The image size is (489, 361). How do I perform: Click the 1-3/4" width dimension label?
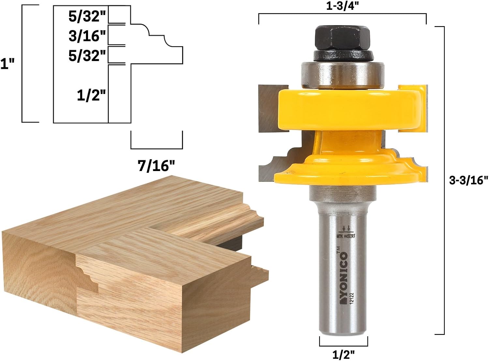pos(342,7)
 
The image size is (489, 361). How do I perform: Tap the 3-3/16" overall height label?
pos(468,180)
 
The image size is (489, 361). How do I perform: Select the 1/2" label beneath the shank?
pos(343,354)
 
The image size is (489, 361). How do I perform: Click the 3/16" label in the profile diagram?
pos(87,36)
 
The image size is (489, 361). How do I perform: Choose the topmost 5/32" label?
pos(87,16)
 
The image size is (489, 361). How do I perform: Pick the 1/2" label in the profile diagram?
pos(92,96)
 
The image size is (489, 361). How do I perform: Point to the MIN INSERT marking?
pos(346,236)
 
